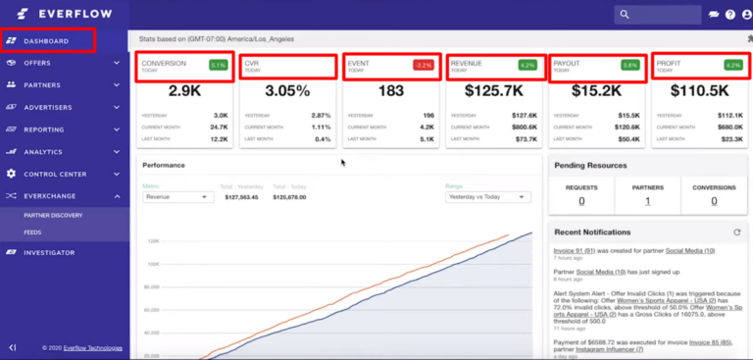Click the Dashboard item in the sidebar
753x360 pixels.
point(46,41)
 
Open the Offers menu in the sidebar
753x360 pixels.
point(38,63)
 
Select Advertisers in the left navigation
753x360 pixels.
point(48,107)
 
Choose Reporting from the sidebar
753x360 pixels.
point(44,129)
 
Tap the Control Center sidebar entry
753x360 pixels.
point(55,174)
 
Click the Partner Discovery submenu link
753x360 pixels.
point(54,215)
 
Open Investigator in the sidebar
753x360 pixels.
point(50,252)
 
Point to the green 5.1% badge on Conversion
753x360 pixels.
point(218,65)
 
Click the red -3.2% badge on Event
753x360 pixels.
point(423,65)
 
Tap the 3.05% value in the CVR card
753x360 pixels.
point(287,90)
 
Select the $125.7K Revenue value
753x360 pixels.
point(491,90)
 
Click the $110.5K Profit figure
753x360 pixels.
point(698,90)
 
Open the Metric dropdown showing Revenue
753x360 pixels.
point(178,197)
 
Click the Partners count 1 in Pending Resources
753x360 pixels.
point(647,201)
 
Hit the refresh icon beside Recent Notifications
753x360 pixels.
point(736,232)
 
